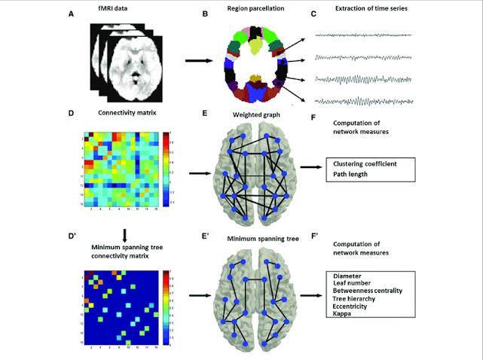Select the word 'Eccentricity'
351,305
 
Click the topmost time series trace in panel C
362,35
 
